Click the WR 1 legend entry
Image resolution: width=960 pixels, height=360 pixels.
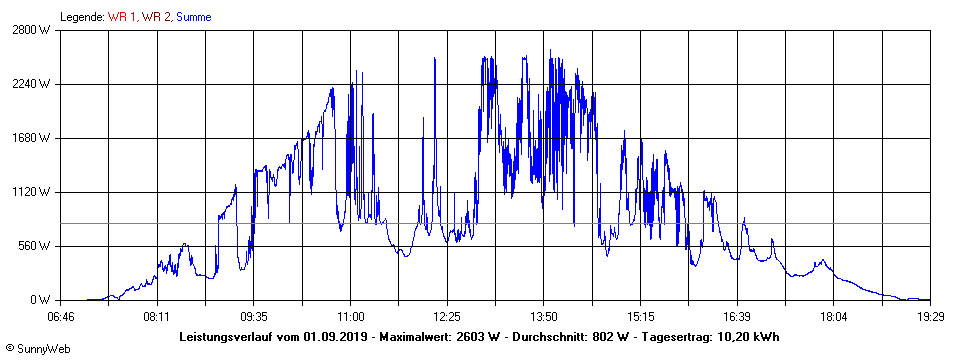click(122, 17)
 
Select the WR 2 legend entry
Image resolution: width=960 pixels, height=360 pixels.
click(156, 17)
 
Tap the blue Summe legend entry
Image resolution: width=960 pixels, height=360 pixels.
click(193, 17)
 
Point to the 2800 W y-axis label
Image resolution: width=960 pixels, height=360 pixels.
click(32, 30)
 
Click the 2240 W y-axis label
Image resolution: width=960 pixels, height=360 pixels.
click(32, 84)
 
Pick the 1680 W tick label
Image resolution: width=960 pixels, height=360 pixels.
click(32, 138)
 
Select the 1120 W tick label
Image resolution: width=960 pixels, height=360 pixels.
click(32, 192)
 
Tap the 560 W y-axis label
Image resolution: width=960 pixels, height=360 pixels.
click(35, 246)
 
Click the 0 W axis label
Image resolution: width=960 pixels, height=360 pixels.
click(41, 300)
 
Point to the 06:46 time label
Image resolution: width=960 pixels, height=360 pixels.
click(61, 316)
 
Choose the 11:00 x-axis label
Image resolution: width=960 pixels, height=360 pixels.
click(350, 316)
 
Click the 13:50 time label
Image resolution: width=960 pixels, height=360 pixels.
click(544, 316)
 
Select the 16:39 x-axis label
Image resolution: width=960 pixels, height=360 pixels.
click(737, 316)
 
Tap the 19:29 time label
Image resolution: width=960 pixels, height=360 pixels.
click(930, 316)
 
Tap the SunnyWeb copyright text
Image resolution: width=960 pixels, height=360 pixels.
click(39, 349)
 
